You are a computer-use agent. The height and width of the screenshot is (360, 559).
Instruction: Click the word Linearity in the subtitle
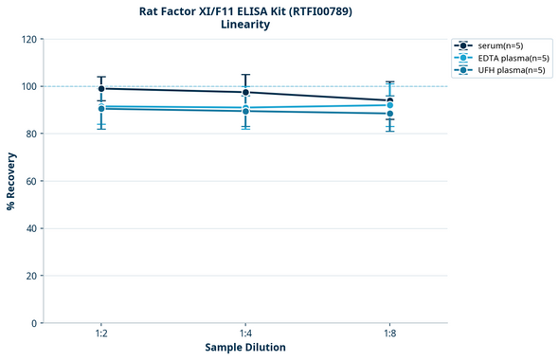[244, 25]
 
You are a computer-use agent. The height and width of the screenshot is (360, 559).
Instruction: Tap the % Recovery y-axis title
[10, 181]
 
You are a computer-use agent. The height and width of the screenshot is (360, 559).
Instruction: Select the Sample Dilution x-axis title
[245, 348]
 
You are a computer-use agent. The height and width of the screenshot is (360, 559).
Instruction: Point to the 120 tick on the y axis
[28, 39]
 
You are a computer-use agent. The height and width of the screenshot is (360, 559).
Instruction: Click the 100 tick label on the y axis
[28, 86]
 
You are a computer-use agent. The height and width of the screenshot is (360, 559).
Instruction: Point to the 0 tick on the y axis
[34, 323]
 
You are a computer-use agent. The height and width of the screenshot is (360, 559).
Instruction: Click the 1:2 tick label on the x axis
[100, 334]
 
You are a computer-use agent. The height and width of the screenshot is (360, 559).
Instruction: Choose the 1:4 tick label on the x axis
[245, 334]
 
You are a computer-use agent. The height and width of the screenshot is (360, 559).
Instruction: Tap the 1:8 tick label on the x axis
[389, 334]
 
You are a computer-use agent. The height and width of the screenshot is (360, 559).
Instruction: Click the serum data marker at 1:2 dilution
[101, 89]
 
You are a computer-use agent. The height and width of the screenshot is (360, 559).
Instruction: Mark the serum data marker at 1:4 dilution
[245, 92]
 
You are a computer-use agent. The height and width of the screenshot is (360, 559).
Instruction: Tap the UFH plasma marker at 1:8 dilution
[389, 114]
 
